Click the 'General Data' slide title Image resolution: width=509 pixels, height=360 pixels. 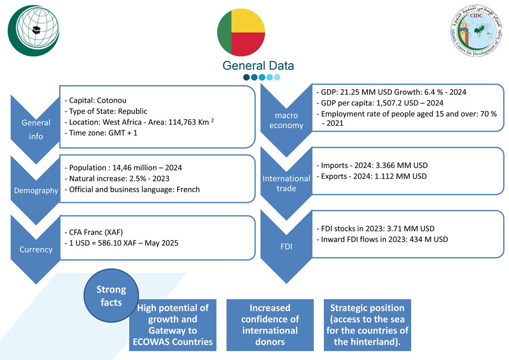258,66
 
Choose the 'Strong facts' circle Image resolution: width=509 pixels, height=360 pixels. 111,296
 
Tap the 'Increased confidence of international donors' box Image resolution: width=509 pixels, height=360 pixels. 270,325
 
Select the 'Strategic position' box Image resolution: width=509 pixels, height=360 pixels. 367,325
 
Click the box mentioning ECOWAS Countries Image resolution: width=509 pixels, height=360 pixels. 173,325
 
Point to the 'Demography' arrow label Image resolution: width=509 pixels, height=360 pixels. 36,190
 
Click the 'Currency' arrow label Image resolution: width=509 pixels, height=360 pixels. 36,250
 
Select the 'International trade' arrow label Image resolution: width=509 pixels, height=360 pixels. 286,183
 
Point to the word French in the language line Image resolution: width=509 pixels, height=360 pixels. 188,189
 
